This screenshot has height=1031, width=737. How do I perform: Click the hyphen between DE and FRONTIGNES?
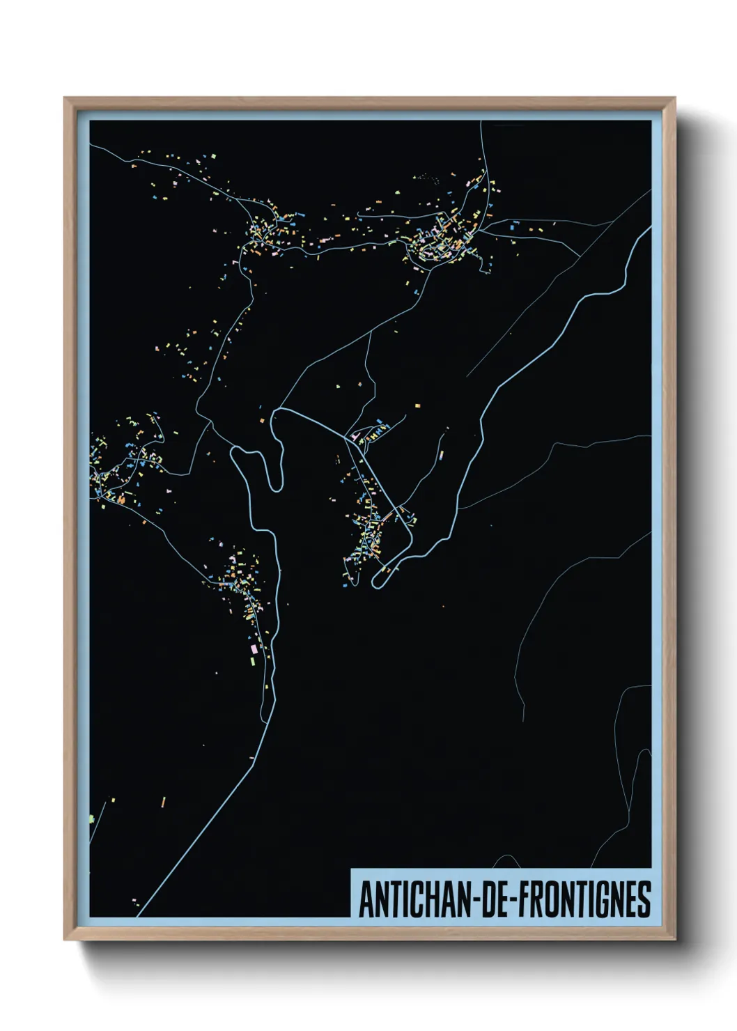pos(515,901)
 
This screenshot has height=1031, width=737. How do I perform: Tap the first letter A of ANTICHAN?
pos(364,899)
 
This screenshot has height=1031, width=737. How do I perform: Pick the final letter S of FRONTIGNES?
pos(645,899)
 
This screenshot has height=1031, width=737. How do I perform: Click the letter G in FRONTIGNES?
pos(601,899)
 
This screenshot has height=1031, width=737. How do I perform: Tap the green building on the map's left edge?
pos(91,818)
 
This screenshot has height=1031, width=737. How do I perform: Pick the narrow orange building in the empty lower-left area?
pos(164,802)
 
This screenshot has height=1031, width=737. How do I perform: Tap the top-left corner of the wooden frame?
pos(66,100)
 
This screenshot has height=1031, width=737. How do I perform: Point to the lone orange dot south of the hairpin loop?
pos(443,606)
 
